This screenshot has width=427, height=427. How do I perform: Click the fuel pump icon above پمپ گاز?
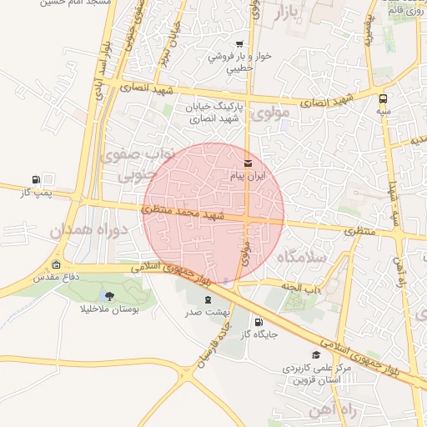point(35,179)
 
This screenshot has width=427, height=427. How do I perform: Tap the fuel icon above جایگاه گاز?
point(258,322)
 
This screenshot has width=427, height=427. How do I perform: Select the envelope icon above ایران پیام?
point(247,163)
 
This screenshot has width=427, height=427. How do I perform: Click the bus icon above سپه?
point(383,96)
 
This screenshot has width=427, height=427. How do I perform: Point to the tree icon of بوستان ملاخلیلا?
point(110,295)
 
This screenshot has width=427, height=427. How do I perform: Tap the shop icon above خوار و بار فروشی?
point(239,44)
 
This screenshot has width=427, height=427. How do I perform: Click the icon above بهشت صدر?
point(206,299)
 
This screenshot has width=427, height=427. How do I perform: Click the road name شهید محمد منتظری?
point(187,213)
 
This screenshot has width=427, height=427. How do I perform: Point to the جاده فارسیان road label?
point(212,346)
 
